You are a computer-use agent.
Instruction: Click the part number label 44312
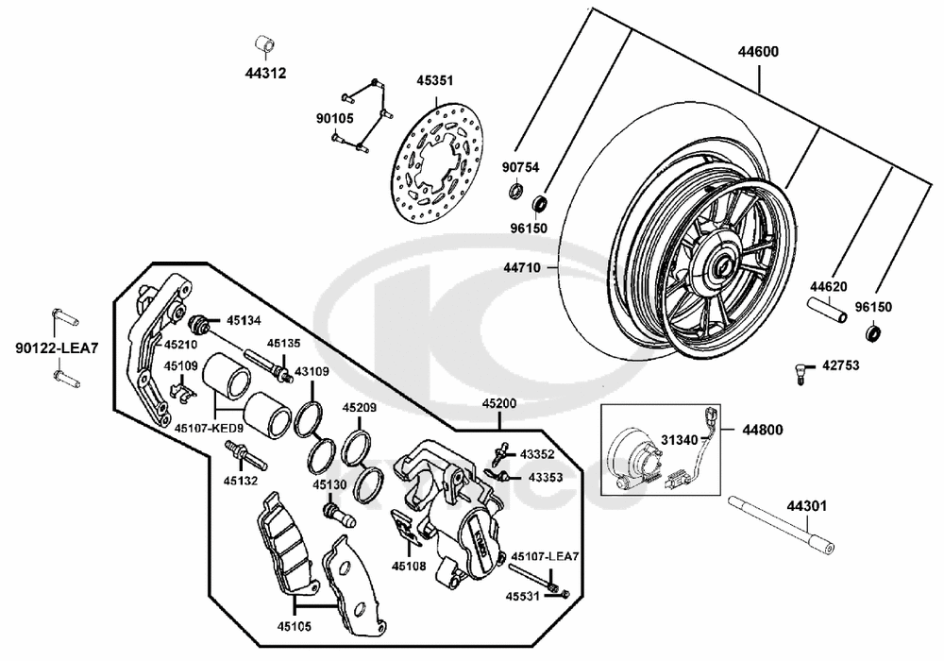point(265,73)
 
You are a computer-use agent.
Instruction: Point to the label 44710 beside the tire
point(520,267)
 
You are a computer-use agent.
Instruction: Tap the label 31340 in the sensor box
point(680,439)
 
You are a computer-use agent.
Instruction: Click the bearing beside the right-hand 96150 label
point(875,331)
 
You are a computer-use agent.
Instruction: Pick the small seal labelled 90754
point(515,193)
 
